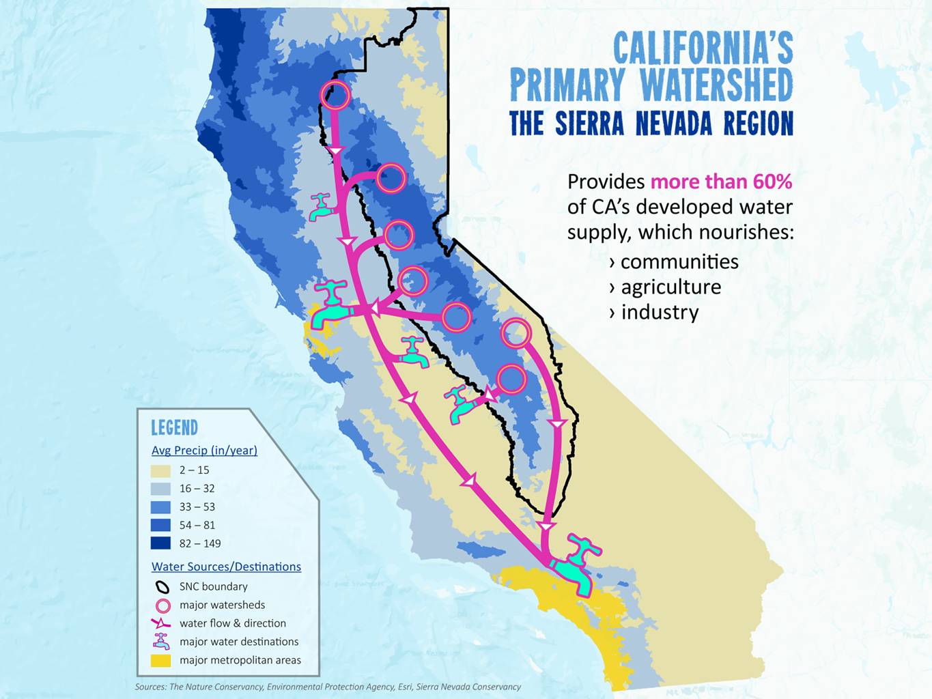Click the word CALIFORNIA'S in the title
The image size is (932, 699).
tap(703, 48)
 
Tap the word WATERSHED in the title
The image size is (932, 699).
tap(716, 85)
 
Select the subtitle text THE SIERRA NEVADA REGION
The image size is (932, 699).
tap(651, 124)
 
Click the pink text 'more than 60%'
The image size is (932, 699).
tap(721, 182)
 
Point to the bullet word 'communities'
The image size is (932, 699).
tap(679, 262)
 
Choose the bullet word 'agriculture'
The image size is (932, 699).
tap(670, 287)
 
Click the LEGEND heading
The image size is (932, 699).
tap(174, 428)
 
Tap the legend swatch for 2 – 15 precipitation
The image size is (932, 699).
tap(160, 470)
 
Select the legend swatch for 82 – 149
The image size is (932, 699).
tap(160, 544)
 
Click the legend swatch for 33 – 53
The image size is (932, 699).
tap(160, 507)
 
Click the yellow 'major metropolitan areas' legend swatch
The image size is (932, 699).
tap(160, 661)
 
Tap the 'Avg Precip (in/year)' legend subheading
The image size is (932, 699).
tap(204, 451)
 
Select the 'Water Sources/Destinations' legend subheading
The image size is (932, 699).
tap(226, 567)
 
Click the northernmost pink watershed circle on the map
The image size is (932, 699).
tap(335, 96)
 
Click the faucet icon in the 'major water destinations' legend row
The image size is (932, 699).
tap(161, 642)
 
